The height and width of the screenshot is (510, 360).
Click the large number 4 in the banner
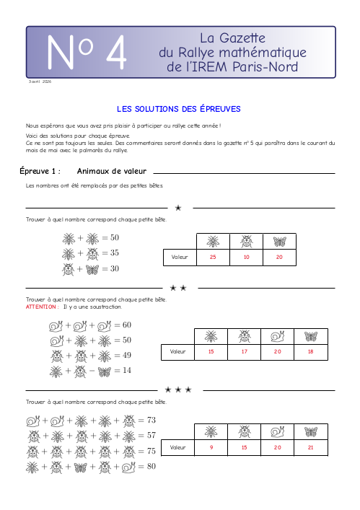pos(116,52)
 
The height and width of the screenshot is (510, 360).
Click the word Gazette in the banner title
pos(242,38)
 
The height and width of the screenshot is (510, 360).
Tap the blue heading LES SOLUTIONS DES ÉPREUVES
pos(178,109)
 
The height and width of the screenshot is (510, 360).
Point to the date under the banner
pos(40,82)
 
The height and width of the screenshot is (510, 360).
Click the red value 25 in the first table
pos(213,257)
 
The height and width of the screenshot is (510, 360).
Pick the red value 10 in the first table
pos(246,257)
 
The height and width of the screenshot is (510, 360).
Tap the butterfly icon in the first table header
pos(279,242)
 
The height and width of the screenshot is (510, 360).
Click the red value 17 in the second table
pos(245,351)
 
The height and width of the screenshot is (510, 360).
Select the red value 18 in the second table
pos(310,351)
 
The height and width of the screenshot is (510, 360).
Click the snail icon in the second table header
pos(278,337)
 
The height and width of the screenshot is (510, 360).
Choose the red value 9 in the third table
pos(211,447)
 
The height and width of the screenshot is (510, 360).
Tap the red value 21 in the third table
pos(310,447)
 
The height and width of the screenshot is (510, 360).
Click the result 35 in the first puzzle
pos(115,252)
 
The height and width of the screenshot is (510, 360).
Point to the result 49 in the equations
pos(127,355)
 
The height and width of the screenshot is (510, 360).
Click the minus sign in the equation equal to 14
pos(92,371)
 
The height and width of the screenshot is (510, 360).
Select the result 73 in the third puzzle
pos(152,421)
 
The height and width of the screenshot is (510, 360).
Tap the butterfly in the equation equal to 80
pos(80,467)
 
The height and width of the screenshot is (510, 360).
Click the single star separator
pos(178,208)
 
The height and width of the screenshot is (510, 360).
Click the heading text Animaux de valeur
pos(112,171)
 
